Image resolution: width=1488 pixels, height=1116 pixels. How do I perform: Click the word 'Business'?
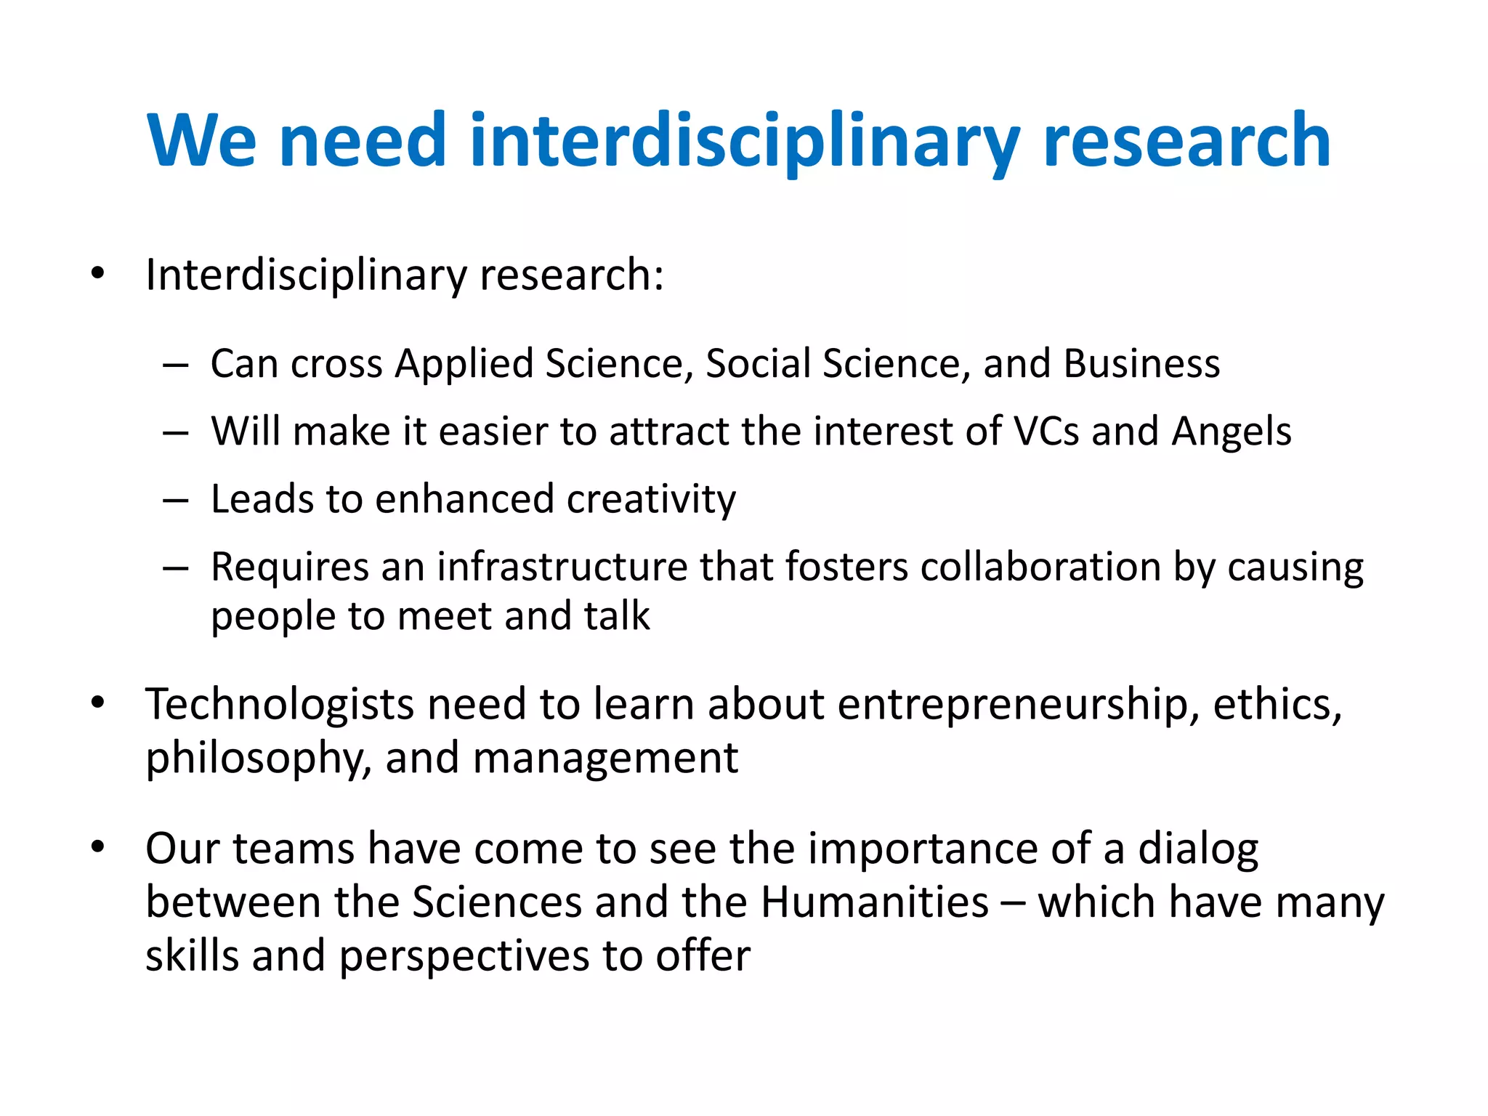[1141, 363]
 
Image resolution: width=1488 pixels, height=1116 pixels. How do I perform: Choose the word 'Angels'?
[1232, 432]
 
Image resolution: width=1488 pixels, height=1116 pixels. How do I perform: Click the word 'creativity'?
[651, 500]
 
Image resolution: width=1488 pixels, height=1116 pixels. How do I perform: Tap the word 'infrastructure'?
[562, 567]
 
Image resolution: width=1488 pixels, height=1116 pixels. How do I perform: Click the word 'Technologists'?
[280, 705]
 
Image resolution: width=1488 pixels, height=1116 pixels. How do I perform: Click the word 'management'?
[605, 759]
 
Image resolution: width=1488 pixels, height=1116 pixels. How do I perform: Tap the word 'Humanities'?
[875, 902]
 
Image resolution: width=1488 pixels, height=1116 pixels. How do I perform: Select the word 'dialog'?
[1198, 849]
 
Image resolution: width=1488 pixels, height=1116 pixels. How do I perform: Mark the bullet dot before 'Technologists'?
[98, 703]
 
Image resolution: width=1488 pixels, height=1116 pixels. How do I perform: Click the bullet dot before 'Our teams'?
[98, 846]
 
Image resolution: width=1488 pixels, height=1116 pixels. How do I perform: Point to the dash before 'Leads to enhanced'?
[176, 501]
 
